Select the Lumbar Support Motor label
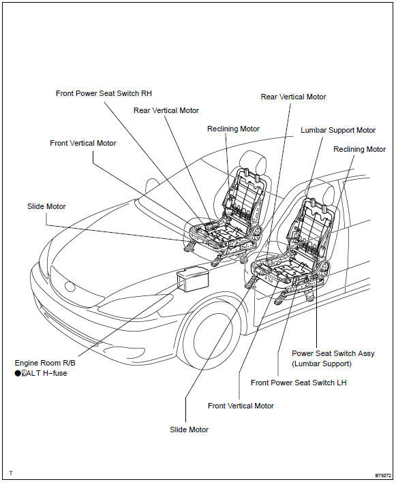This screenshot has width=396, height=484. tap(338, 130)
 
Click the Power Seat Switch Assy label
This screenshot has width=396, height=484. tap(333, 353)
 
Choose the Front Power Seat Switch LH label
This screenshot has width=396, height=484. tap(299, 383)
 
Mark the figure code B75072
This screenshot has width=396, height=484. tap(383, 474)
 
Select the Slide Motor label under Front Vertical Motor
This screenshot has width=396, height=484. tap(189, 430)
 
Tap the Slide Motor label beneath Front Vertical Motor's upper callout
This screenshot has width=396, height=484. tap(46, 206)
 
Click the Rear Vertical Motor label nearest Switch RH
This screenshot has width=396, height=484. tap(166, 110)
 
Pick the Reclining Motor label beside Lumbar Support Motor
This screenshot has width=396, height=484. tap(359, 149)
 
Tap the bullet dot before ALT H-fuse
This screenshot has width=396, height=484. tap(17, 373)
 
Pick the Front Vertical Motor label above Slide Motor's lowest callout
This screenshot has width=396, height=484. tap(241, 406)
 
